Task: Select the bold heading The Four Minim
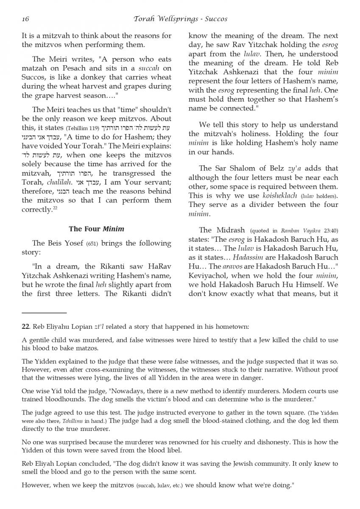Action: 97,229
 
